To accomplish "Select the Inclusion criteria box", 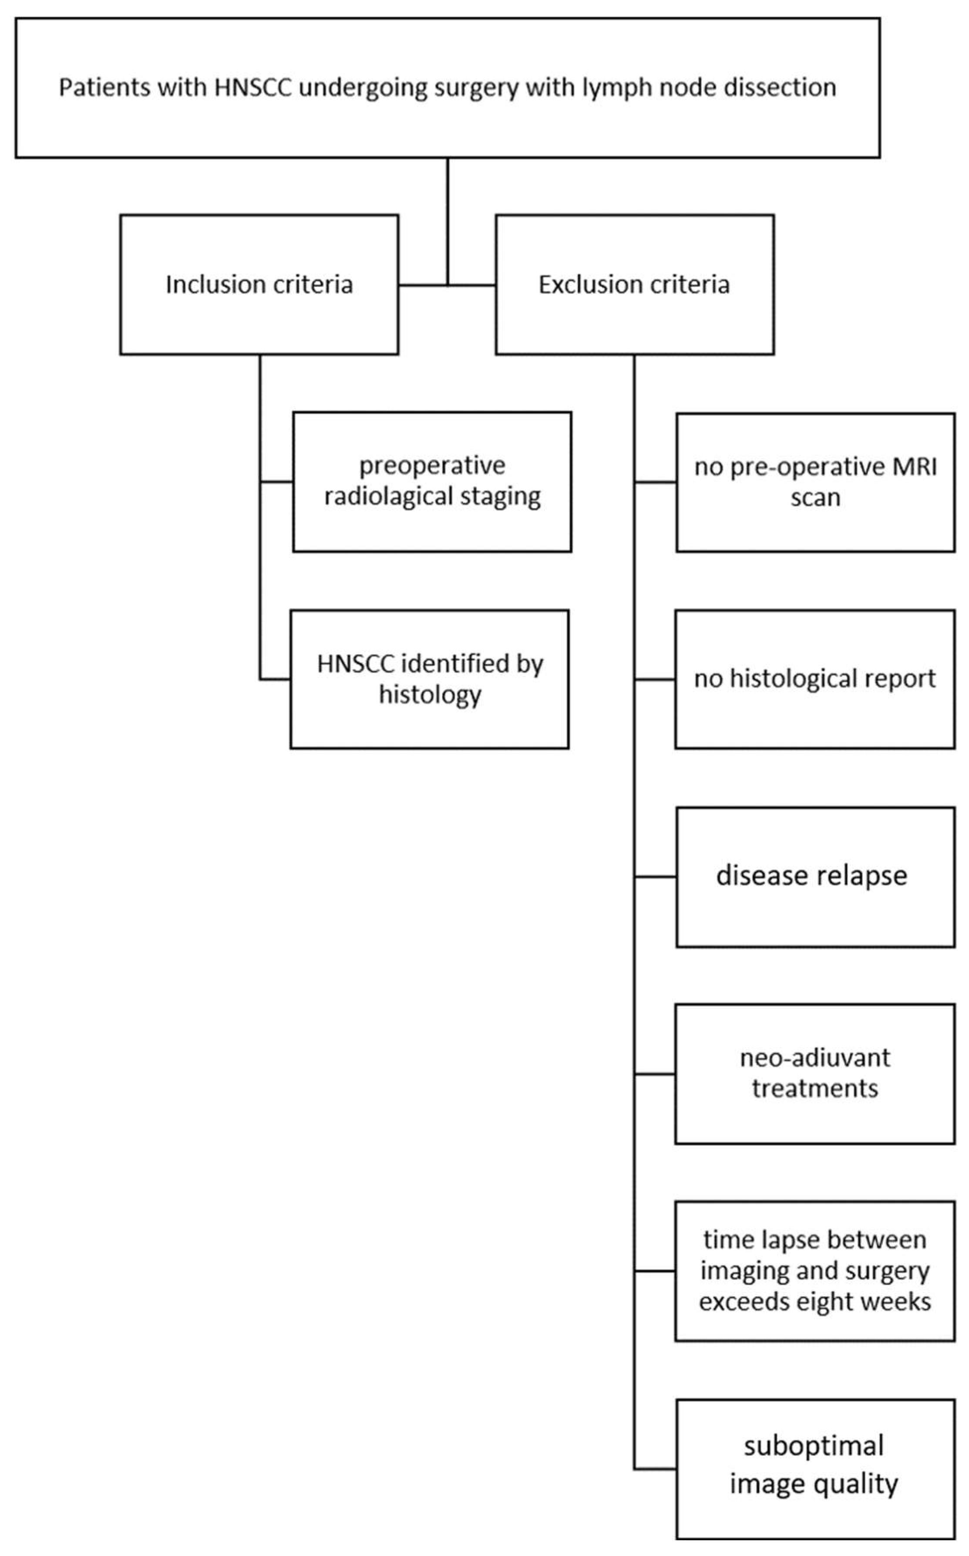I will [259, 285].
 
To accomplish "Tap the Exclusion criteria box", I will [635, 285].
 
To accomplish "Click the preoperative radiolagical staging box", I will [432, 482].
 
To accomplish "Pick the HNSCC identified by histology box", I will [429, 679].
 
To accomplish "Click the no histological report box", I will [814, 679].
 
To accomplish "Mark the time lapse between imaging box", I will [814, 1271].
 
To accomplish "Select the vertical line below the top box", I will [447, 218].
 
